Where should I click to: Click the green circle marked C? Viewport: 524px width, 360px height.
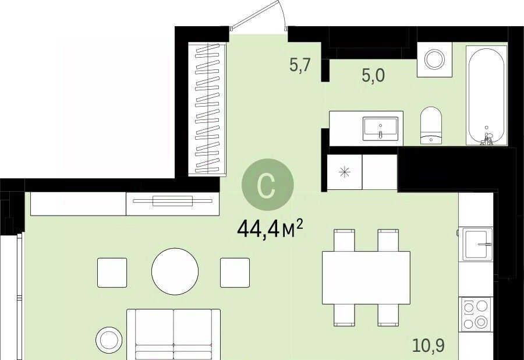click(x=268, y=185)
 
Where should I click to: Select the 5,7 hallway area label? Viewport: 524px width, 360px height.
click(x=300, y=65)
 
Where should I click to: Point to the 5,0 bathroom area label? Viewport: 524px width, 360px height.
click(x=373, y=75)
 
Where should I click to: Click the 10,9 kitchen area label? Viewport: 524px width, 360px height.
click(x=429, y=345)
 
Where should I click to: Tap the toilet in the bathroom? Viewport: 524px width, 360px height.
click(x=431, y=126)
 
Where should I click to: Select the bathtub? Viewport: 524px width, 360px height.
click(x=487, y=96)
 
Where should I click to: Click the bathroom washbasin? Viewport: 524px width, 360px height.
click(x=381, y=129)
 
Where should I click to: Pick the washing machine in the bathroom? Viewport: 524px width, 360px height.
click(x=434, y=59)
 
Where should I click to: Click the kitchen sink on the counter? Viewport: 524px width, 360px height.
click(x=477, y=244)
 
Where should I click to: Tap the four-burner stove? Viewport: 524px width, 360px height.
click(x=476, y=314)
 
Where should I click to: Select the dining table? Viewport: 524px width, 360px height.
click(x=366, y=278)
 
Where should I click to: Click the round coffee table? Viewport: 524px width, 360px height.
click(x=175, y=271)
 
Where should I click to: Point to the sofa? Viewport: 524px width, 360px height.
click(x=174, y=334)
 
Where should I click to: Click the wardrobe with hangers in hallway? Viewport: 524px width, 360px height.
click(x=207, y=110)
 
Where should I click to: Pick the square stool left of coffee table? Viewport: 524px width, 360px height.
click(x=112, y=273)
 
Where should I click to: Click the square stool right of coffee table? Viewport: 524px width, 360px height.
click(x=235, y=273)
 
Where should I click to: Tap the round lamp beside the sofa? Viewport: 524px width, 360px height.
click(x=109, y=339)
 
